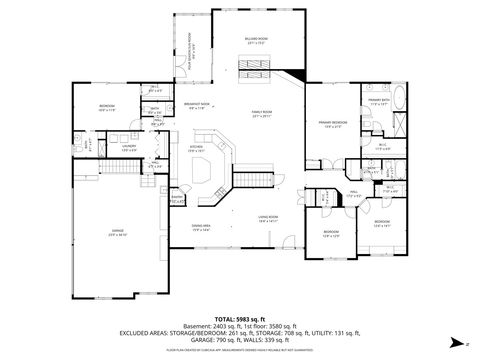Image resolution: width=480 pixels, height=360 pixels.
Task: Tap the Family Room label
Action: (262, 114)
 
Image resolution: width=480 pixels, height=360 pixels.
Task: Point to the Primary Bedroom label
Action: (333, 124)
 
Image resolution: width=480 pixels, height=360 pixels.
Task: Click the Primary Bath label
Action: (378, 101)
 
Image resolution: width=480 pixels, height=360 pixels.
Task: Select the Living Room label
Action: (267, 218)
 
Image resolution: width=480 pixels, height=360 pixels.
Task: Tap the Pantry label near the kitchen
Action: (176, 198)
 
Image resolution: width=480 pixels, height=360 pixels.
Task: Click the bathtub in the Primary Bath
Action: (400, 101)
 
